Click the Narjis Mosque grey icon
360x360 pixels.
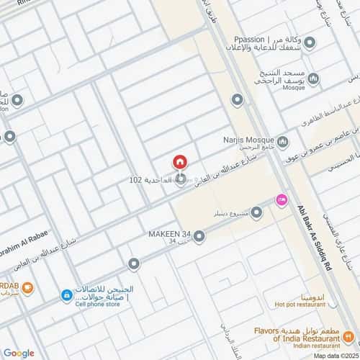[x=283, y=141]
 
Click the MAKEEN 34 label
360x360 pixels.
[x=170, y=234]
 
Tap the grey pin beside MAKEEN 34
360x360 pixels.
[x=199, y=235]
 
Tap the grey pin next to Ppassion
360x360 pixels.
[x=310, y=42]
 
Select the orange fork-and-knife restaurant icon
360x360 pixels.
[x=348, y=335]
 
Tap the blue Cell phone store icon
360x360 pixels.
[x=66, y=294]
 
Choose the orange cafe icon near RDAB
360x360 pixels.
[x=27, y=289]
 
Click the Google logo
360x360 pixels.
[x=18, y=353]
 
